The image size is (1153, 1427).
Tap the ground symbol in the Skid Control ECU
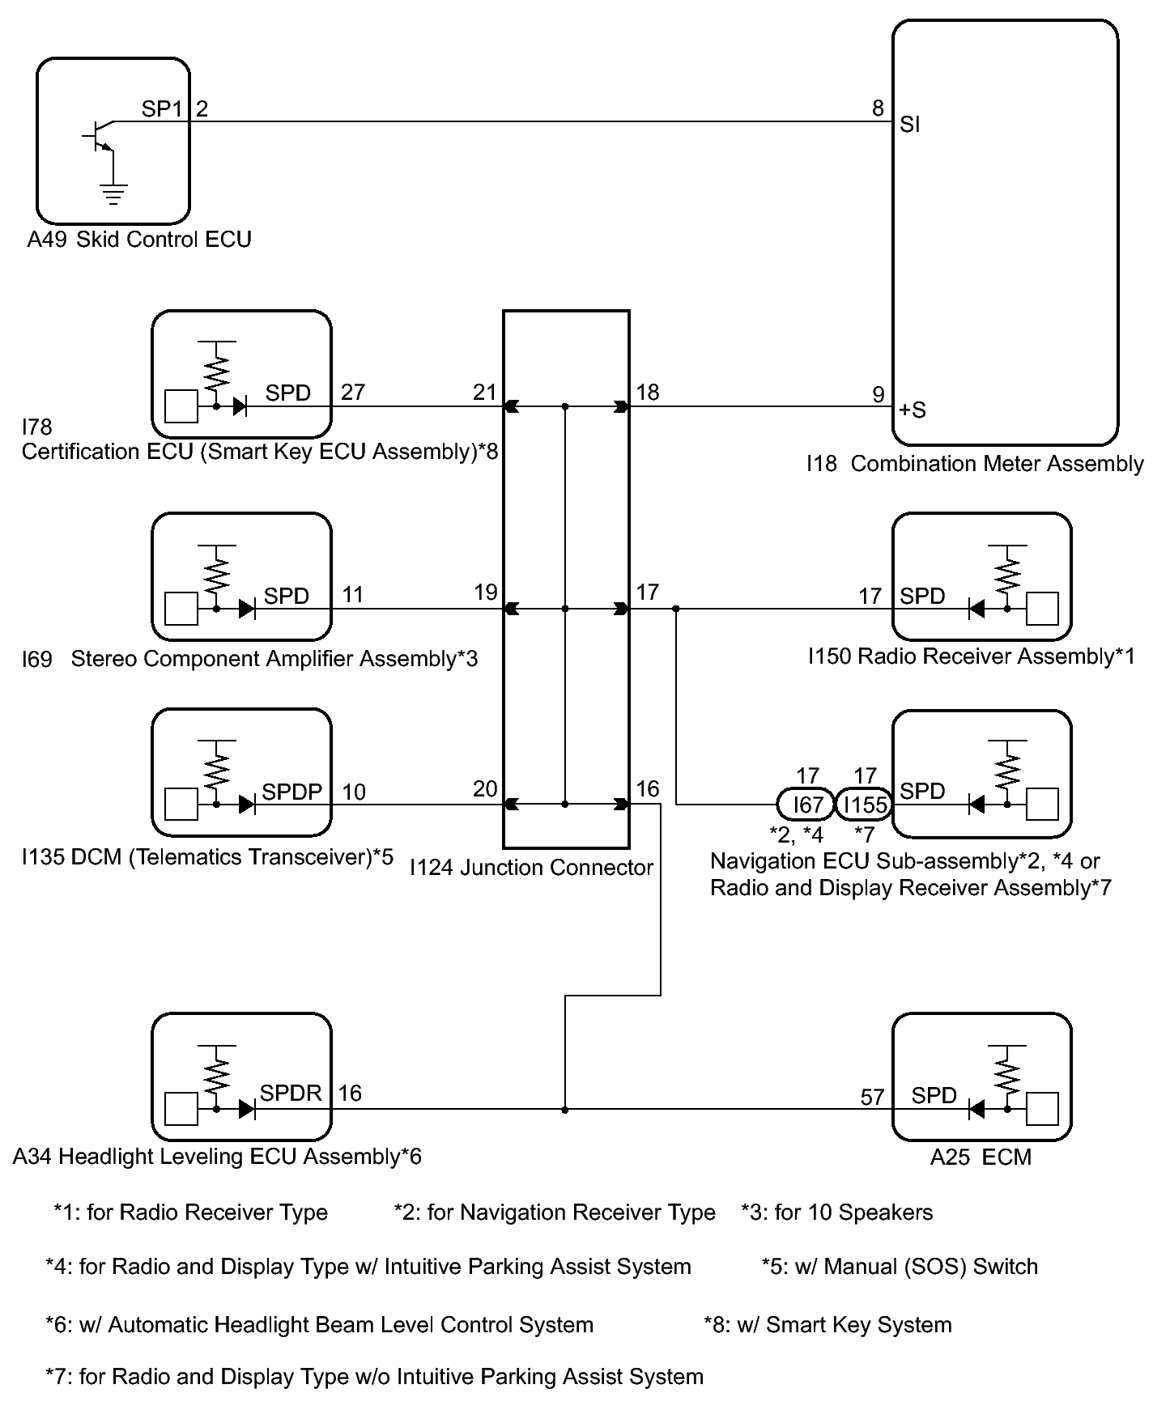[x=113, y=194]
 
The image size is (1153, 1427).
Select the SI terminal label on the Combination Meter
[x=910, y=125]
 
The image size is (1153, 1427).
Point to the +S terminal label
[x=913, y=410]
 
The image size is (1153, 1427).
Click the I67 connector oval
[x=805, y=805]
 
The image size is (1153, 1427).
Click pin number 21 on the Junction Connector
[x=484, y=393]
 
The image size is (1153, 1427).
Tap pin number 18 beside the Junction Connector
[x=648, y=393]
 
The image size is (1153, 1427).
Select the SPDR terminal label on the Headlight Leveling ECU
[x=291, y=1093]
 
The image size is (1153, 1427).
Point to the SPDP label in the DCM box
[x=291, y=792]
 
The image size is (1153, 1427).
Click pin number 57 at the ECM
[x=872, y=1097]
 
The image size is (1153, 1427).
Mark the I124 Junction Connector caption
[x=531, y=868]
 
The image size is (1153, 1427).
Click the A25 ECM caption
[x=981, y=1157]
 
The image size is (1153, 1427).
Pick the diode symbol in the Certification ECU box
[x=240, y=406]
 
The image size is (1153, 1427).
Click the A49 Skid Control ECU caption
[x=139, y=240]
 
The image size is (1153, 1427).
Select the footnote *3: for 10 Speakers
[x=837, y=1213]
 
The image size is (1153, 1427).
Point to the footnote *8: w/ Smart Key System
[x=828, y=1325]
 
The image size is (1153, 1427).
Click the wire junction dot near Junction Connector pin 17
[x=676, y=609]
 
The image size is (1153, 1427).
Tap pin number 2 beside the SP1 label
[x=202, y=108]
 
